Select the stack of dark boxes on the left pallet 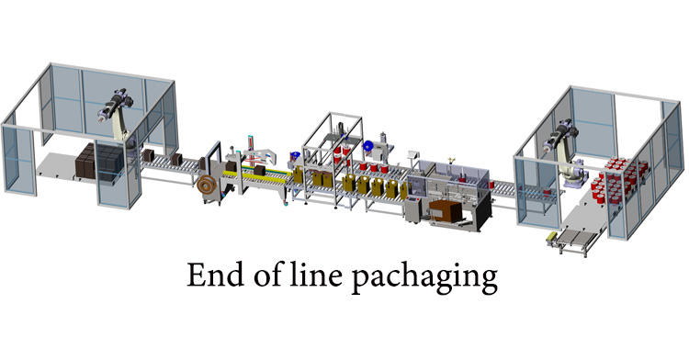coord(96,163)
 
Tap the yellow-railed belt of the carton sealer coord(269,176)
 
